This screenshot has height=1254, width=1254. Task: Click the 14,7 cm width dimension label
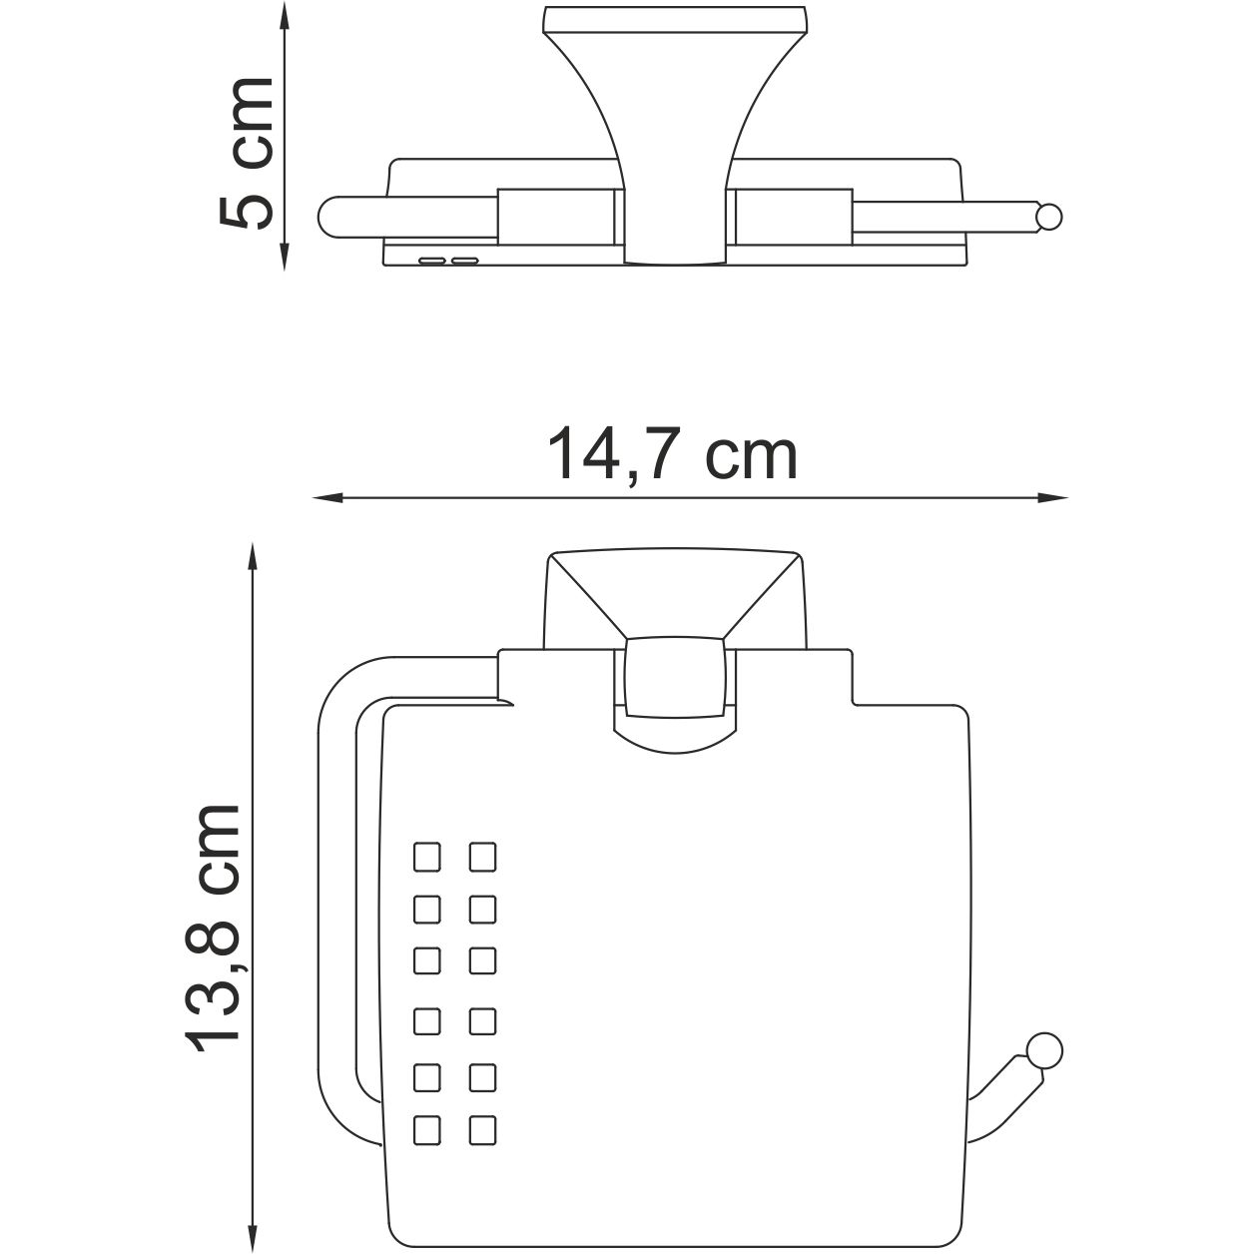click(x=673, y=456)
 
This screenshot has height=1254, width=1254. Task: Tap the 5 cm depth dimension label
click(x=246, y=151)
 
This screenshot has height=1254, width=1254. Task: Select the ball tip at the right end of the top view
click(x=1048, y=217)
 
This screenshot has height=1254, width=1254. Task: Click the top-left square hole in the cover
click(x=426, y=856)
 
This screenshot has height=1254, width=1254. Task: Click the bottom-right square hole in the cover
click(x=482, y=1129)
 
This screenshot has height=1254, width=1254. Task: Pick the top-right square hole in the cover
click(x=482, y=856)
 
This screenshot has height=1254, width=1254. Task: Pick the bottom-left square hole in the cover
click(x=426, y=1129)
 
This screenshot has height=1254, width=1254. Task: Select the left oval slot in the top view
click(x=432, y=260)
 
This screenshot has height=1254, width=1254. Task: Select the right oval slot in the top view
click(x=464, y=260)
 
